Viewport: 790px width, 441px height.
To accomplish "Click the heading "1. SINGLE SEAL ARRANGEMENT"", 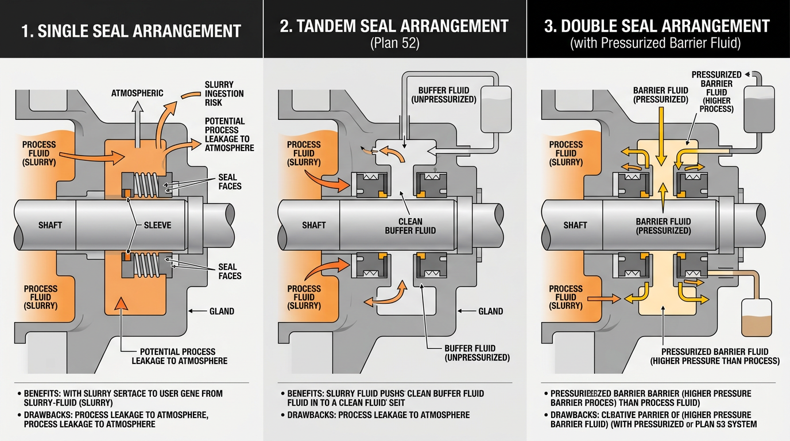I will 131,30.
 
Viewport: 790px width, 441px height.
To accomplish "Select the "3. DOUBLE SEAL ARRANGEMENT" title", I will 657,26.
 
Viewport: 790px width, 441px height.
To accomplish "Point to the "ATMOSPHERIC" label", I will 137,93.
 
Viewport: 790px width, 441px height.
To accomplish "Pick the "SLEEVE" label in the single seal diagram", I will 157,225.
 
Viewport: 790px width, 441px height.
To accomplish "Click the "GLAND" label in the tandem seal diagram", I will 490,311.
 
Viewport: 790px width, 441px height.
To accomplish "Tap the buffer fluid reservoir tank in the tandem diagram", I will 495,111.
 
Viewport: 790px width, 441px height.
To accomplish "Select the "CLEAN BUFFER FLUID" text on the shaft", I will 410,226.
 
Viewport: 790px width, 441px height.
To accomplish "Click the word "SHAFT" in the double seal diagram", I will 575,225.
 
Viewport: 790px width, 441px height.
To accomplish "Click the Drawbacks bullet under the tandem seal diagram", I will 378,415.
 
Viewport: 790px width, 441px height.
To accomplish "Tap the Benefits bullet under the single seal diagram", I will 123,398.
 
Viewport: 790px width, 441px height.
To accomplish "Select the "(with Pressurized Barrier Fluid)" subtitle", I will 657,44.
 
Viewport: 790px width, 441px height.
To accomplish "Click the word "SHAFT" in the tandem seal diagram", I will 313,225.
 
